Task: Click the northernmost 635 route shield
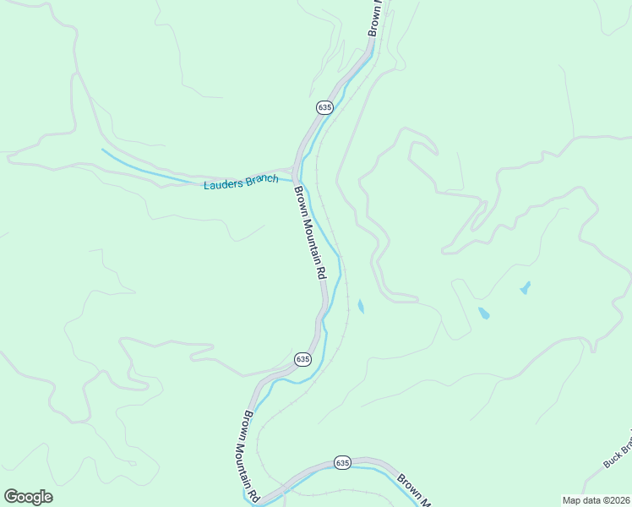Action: click(x=325, y=107)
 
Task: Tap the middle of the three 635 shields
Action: click(x=302, y=359)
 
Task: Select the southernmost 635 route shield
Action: click(x=342, y=462)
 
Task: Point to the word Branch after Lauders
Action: click(x=260, y=179)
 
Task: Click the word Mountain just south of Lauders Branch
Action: click(x=308, y=237)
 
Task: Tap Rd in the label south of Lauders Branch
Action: click(x=321, y=274)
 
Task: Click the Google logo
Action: click(x=28, y=497)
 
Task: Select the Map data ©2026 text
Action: click(x=596, y=499)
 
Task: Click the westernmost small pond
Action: click(x=361, y=306)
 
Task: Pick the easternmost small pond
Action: click(x=525, y=288)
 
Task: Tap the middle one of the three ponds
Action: click(x=483, y=313)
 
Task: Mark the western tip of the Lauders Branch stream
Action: click(x=103, y=150)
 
